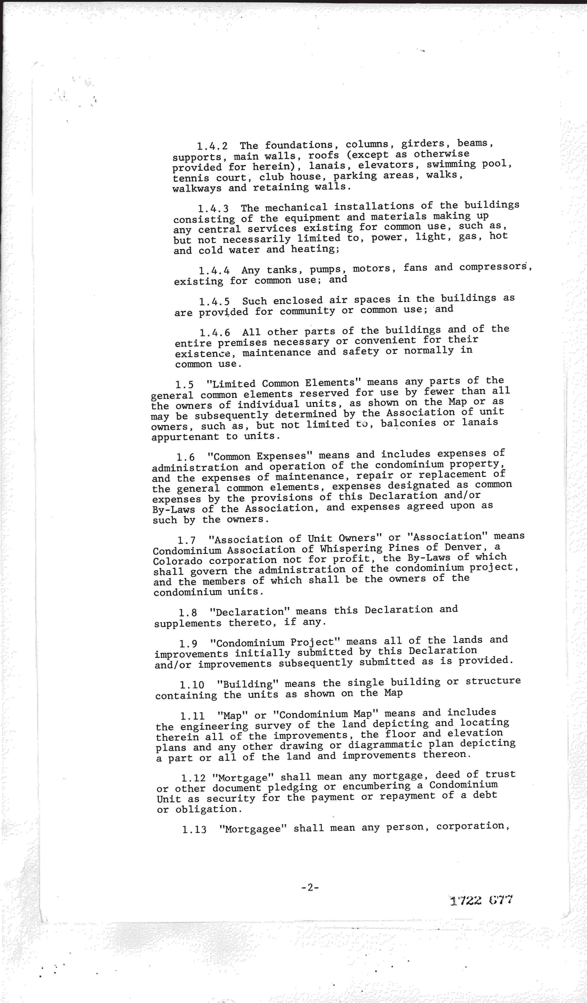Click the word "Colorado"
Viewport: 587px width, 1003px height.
point(177,561)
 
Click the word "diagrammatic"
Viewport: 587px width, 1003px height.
point(398,744)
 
